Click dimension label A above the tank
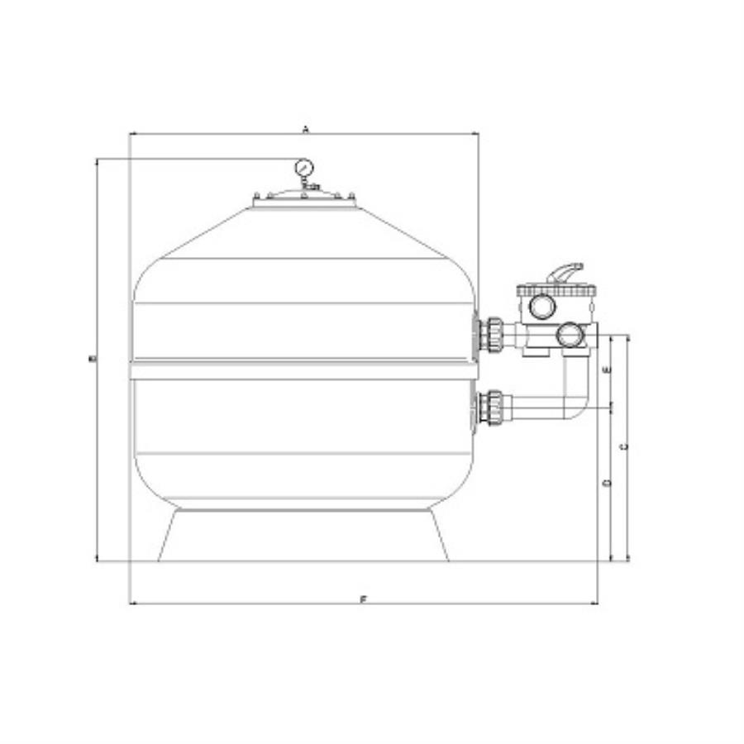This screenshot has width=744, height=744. coord(305,129)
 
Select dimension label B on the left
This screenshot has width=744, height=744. coord(93,359)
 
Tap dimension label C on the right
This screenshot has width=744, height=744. coord(624,446)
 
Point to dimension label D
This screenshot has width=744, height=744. coord(606,482)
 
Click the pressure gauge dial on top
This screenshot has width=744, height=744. coord(303,168)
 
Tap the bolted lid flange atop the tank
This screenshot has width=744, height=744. coord(304,199)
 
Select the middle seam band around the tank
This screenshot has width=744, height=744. coord(303,370)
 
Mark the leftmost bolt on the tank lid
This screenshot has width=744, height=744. coord(256,196)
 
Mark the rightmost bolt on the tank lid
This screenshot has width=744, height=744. coord(352,196)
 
